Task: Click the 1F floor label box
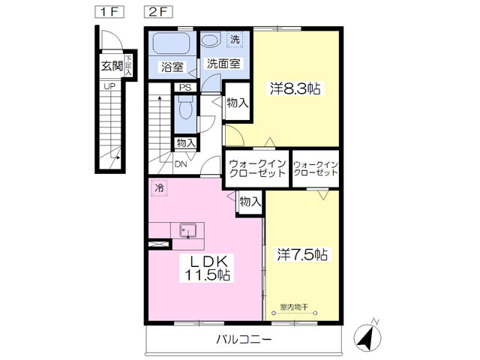point(109,12)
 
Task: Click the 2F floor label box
point(158,12)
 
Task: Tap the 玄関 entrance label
point(112,66)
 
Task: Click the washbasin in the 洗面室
point(211,40)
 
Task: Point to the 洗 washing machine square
point(235,40)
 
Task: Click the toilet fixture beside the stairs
point(185,107)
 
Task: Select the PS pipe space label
point(185,88)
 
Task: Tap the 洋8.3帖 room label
point(295,88)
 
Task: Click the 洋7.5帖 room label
point(302,254)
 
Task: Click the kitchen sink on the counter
point(188,230)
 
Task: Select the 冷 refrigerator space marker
point(159,188)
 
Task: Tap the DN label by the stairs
point(181,164)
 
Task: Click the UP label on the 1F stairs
point(109,86)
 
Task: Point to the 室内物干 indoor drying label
point(294,307)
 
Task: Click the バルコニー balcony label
point(244,339)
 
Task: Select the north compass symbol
point(367,337)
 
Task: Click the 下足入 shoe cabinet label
point(128,65)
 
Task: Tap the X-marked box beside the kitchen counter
point(158,244)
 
